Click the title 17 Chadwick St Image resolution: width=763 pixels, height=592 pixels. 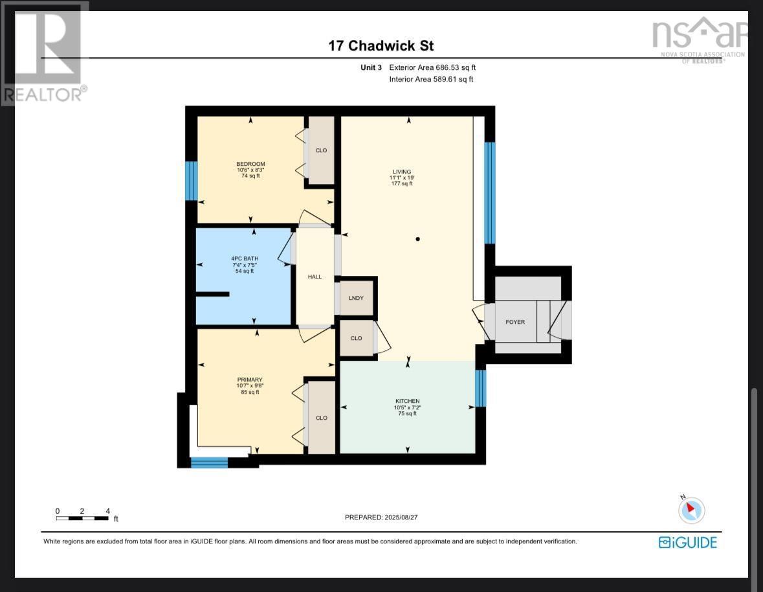coord(381,46)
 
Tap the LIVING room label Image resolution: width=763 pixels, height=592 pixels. coord(402,172)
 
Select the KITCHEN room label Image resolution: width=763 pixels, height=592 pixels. coord(407,401)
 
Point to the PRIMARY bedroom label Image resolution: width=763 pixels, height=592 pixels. coord(249,380)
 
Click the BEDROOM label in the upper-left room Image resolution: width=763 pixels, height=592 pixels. coord(250,164)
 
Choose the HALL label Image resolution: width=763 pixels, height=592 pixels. coord(315,277)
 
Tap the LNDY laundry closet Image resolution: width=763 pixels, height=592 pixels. coord(356,298)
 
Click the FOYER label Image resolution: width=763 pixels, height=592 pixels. coord(515,322)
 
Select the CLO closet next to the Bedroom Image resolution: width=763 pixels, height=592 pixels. coord(321,150)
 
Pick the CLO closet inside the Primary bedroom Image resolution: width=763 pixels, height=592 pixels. coord(321,418)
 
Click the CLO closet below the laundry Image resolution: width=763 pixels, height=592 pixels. coord(356,338)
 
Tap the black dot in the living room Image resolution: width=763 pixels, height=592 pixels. coord(418,239)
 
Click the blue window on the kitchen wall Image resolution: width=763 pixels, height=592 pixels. coord(480,387)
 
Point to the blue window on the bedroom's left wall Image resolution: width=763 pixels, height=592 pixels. coord(191,181)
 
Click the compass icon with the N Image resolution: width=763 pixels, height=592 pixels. coord(691,510)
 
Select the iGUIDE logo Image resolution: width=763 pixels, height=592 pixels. coord(687,542)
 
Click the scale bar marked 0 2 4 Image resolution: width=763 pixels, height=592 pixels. coord(82,518)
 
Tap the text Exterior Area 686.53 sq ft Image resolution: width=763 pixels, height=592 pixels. coord(432,67)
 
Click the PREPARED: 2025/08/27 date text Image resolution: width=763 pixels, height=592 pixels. coord(386,517)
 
